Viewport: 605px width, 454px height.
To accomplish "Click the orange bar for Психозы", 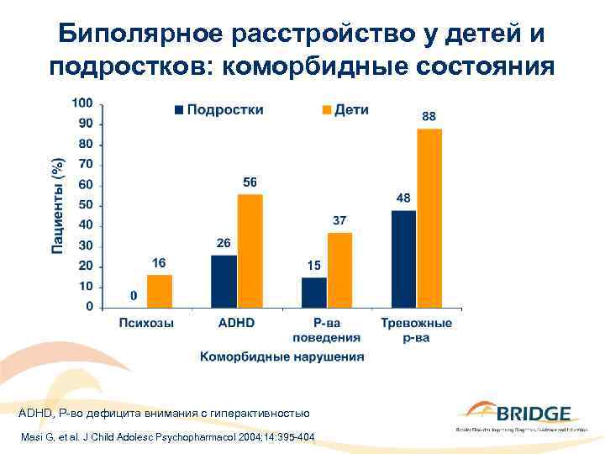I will pos(160,291).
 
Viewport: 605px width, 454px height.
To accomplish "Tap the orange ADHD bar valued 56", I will pos(250,251).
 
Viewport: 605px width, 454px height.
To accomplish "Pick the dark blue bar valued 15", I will pos(313,292).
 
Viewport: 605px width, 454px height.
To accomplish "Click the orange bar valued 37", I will pos(339,270).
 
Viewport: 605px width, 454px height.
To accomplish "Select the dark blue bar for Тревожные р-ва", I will pos(403,258).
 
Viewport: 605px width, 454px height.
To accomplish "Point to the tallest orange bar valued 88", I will pos(429,218).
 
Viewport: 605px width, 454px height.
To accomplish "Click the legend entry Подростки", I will pos(218,110).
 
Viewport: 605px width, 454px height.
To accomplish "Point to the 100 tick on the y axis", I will pos(82,103).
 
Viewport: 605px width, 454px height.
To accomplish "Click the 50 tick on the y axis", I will pos(85,205).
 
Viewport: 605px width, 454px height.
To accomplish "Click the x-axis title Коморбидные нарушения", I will pos(281,356).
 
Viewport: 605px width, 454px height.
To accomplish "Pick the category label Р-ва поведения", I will pos(326,330).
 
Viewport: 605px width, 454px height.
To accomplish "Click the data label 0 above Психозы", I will pos(134,296).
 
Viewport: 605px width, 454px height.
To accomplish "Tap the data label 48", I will pos(403,198).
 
